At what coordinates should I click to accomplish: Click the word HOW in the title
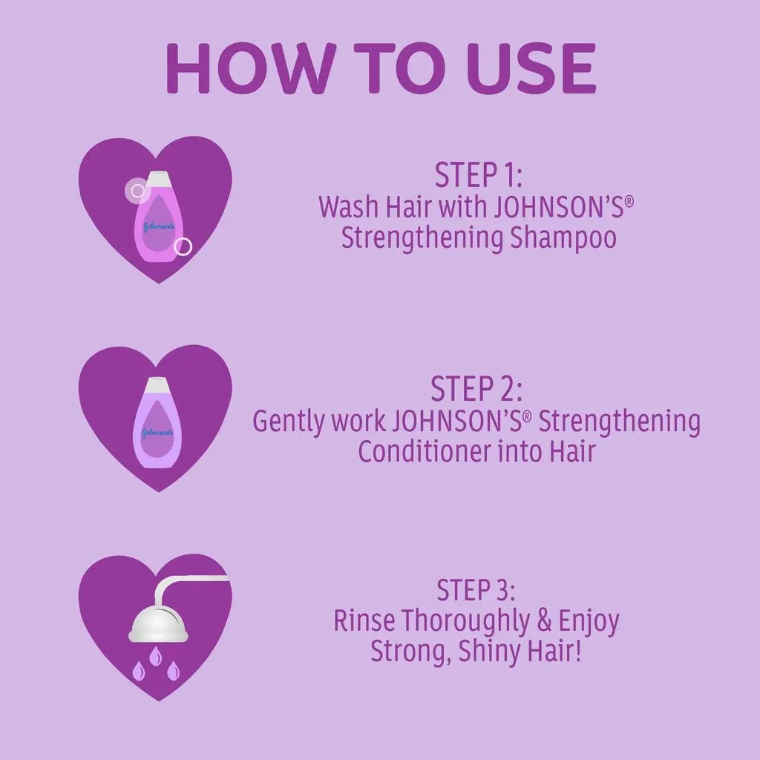click(x=243, y=68)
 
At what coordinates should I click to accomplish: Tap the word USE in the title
click(x=530, y=68)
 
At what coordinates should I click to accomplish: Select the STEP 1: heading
click(x=479, y=175)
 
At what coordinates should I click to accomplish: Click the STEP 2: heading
click(x=476, y=388)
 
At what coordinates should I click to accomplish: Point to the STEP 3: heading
click(x=476, y=590)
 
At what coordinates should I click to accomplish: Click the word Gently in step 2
click(x=289, y=422)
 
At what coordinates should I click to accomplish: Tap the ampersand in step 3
click(x=544, y=620)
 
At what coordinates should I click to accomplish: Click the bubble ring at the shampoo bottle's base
click(x=183, y=246)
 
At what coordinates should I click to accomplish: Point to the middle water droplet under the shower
click(x=155, y=655)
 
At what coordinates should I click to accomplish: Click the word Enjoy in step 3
click(x=589, y=622)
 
